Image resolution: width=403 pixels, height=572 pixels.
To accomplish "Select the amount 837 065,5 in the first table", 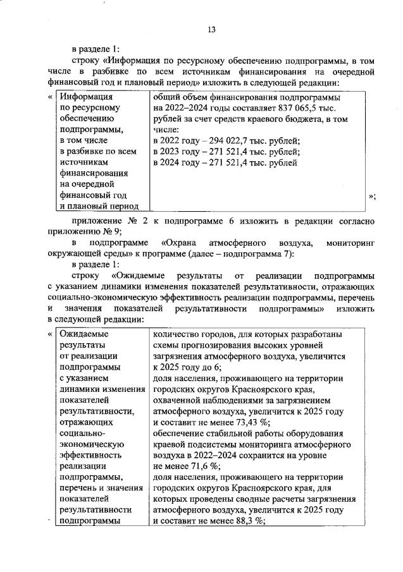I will click(x=292, y=108).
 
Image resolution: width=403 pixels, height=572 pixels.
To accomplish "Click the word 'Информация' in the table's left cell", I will click(x=86, y=97).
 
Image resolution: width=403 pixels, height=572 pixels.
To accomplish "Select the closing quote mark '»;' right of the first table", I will click(x=373, y=197).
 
